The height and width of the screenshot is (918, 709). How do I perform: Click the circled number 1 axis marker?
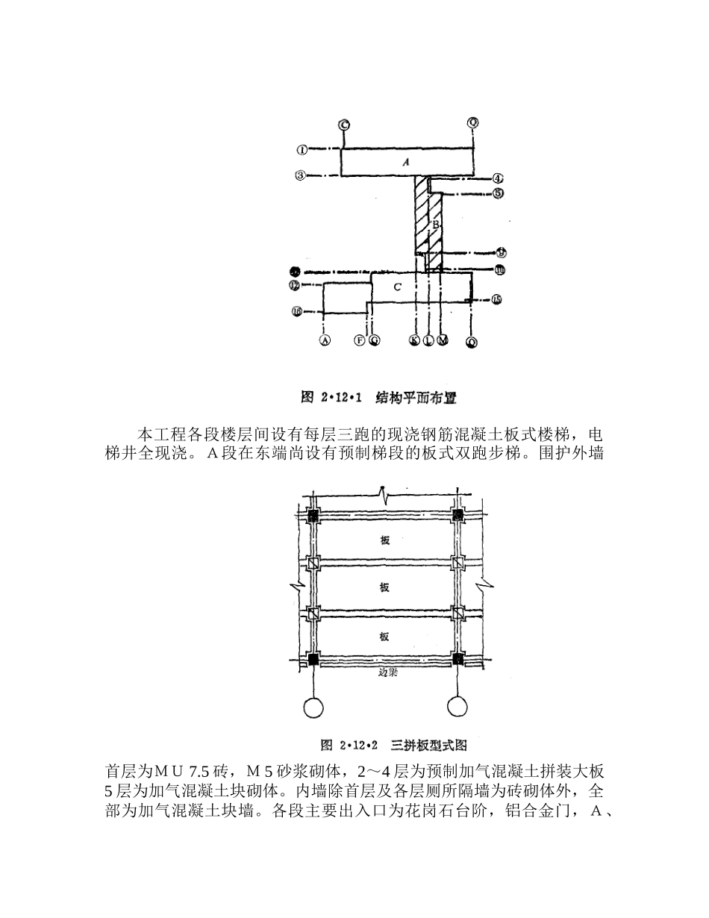click(x=302, y=149)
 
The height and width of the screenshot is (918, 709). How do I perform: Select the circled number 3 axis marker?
click(x=300, y=176)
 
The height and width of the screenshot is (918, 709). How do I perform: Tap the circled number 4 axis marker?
click(x=498, y=179)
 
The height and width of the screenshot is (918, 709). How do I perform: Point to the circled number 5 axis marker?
click(x=498, y=193)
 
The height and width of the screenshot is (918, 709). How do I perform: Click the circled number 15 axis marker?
click(x=497, y=300)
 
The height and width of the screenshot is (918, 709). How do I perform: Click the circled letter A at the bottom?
click(x=325, y=340)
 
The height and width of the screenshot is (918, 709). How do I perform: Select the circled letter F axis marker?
click(x=360, y=340)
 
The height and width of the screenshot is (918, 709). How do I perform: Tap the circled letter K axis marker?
click(x=414, y=340)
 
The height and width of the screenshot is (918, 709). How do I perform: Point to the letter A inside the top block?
click(x=406, y=162)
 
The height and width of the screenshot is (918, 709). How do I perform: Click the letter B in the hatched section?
click(x=435, y=224)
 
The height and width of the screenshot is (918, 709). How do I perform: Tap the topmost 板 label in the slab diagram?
click(x=384, y=540)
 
